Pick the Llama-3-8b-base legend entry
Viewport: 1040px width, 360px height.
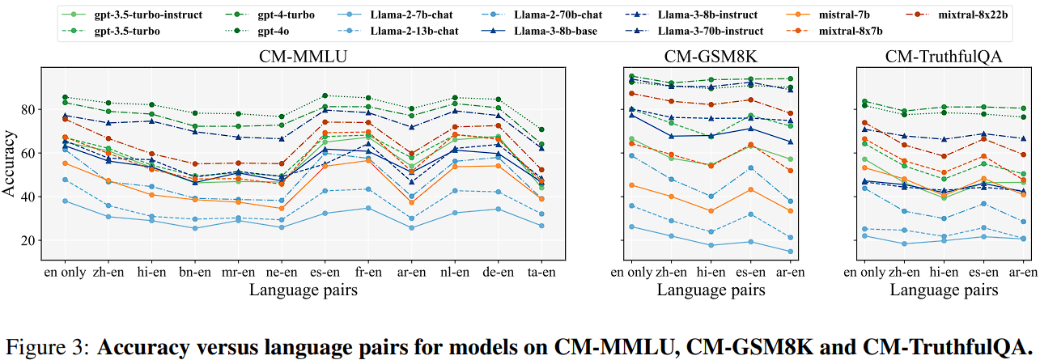[x=556, y=31]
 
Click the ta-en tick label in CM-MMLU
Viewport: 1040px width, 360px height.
[x=541, y=272]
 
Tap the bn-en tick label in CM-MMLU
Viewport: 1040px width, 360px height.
[x=193, y=272]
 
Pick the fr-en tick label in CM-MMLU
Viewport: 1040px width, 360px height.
[x=367, y=272]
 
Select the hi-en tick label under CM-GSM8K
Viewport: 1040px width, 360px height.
[x=710, y=272]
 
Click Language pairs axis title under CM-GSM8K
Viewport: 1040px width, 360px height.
[x=710, y=289]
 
